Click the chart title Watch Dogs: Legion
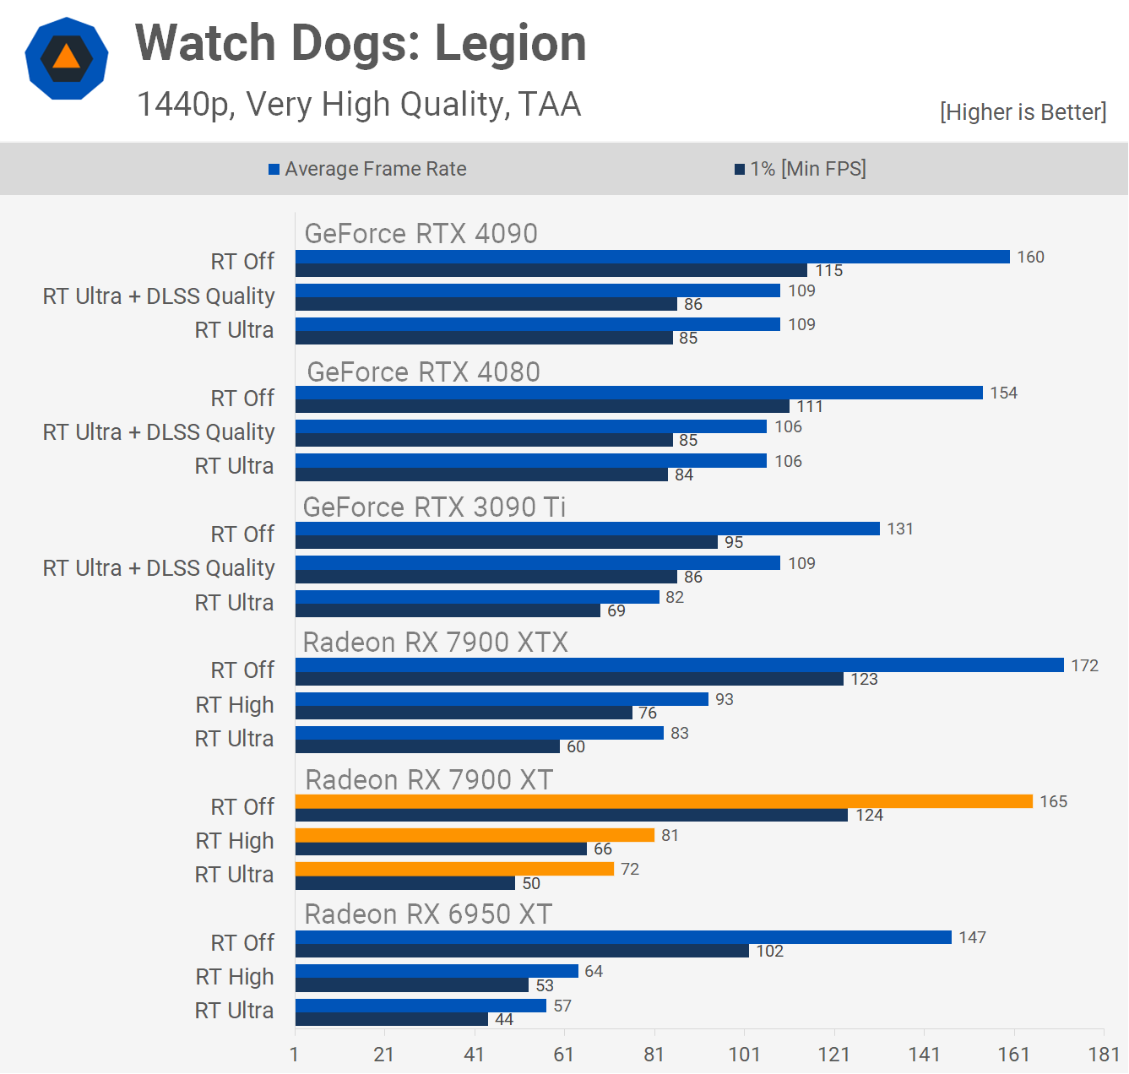(361, 44)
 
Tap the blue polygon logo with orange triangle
(67, 58)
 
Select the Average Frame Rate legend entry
(367, 169)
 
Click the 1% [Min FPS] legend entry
(801, 169)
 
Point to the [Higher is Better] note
(1023, 112)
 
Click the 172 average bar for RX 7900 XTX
(679, 665)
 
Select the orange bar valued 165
(664, 801)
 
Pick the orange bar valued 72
(454, 869)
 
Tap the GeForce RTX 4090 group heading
(421, 234)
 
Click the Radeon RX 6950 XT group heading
(428, 914)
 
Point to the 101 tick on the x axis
(744, 1054)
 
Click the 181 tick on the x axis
(1104, 1054)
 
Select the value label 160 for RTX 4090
(1030, 257)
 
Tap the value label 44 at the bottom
(504, 1019)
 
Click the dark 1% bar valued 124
(571, 815)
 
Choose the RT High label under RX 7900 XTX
(235, 705)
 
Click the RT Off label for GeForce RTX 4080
(242, 398)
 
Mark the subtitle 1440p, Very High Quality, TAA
(359, 105)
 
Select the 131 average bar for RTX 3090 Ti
(587, 529)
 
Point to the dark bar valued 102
(522, 951)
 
